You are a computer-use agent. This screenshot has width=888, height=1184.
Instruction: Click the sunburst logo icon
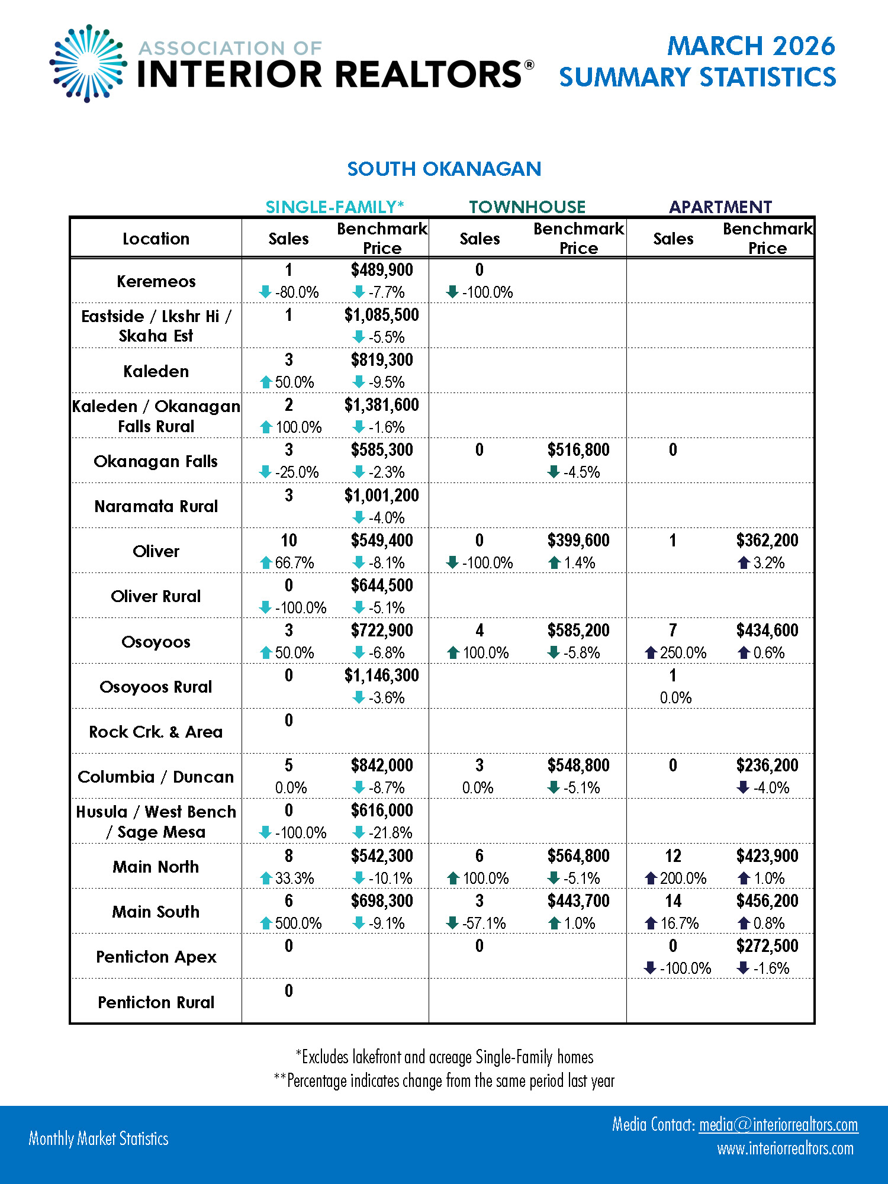click(x=88, y=63)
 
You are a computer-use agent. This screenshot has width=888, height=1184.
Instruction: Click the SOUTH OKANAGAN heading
click(x=444, y=169)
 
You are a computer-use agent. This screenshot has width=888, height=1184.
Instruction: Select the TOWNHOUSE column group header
click(x=527, y=207)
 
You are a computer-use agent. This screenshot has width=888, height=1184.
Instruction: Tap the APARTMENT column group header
click(x=720, y=207)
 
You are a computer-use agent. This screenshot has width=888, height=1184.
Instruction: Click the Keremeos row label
click(x=156, y=281)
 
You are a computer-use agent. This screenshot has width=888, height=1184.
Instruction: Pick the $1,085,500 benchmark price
click(x=382, y=315)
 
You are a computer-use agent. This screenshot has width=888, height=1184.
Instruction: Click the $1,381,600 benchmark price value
click(x=382, y=405)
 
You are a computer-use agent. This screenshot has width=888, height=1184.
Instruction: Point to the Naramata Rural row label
click(x=156, y=507)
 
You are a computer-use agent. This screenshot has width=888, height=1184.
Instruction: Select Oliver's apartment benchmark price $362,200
click(x=767, y=540)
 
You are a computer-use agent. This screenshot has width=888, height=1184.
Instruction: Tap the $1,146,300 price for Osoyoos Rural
click(x=382, y=675)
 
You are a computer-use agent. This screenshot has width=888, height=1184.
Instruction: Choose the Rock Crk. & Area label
click(x=156, y=732)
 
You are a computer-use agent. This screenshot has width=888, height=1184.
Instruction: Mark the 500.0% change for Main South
click(x=298, y=924)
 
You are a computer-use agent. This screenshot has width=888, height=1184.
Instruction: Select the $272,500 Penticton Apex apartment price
click(x=767, y=946)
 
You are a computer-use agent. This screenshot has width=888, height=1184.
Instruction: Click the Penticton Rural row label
click(x=156, y=1002)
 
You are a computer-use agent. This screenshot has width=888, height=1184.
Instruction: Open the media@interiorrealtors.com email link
click(x=778, y=1125)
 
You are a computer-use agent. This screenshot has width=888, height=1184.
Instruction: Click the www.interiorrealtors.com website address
click(x=785, y=1149)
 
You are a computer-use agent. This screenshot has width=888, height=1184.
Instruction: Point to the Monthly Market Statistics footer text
click(x=99, y=1138)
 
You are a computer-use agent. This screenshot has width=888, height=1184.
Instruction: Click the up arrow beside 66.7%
click(x=266, y=563)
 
